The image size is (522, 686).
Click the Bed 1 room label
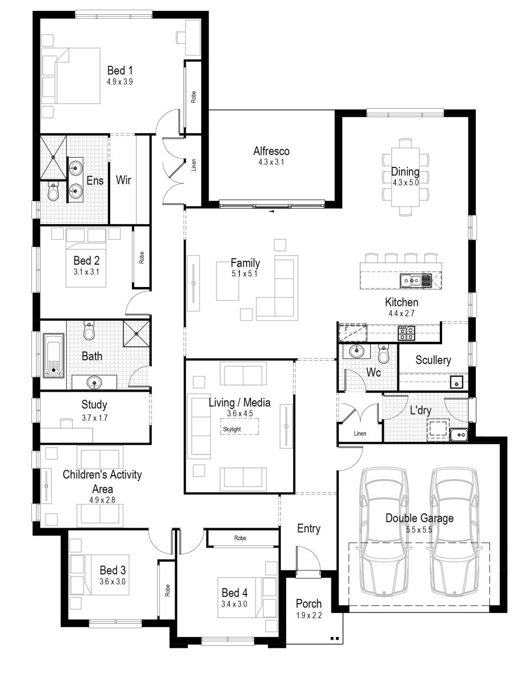pyautogui.click(x=120, y=70)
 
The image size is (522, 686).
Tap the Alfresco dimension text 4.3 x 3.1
pyautogui.click(x=271, y=162)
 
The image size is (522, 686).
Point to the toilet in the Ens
pyautogui.click(x=53, y=192)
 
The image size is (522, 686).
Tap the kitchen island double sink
pyautogui.click(x=416, y=280)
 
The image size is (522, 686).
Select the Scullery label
pyautogui.click(x=433, y=360)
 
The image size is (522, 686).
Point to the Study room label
pyautogui.click(x=94, y=405)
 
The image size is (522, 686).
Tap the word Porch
pyautogui.click(x=308, y=604)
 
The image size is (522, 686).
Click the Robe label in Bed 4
pyautogui.click(x=240, y=539)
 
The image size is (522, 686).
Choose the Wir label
pyautogui.click(x=123, y=181)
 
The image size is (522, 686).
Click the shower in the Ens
pyautogui.click(x=53, y=150)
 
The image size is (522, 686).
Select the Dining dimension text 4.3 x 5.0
pyautogui.click(x=405, y=183)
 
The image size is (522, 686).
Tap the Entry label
pyautogui.click(x=308, y=529)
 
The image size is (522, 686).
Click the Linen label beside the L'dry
pyautogui.click(x=360, y=433)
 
